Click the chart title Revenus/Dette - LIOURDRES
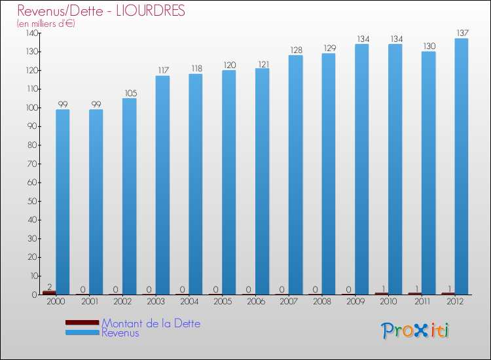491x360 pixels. point(101,11)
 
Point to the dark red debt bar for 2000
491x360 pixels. point(49,293)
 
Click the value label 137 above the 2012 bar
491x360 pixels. point(462,33)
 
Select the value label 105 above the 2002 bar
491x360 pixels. point(129,92)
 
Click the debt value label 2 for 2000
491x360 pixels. point(49,285)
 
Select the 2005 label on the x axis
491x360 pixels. point(223,302)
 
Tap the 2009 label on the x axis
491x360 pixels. point(355,302)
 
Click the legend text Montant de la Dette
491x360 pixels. point(151,323)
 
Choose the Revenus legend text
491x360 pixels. point(120,333)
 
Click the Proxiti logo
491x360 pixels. point(415,331)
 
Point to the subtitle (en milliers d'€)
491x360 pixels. point(46,24)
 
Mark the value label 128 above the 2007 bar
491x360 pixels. point(295,50)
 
